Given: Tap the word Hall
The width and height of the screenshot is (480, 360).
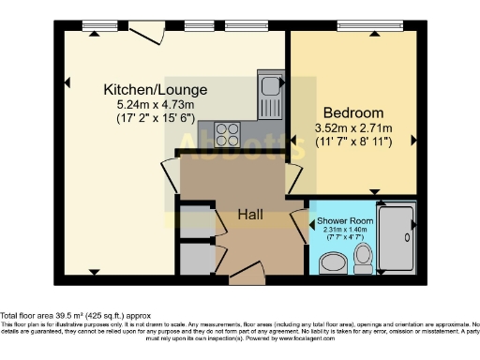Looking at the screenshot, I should click(x=249, y=215).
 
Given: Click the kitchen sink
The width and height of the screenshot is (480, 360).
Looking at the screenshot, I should click(x=272, y=95).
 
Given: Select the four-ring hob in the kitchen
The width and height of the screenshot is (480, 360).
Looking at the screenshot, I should click(x=227, y=132).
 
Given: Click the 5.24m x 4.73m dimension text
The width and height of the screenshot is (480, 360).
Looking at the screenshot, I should click(x=155, y=106).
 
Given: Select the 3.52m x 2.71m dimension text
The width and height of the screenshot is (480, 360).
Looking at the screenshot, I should click(x=351, y=128).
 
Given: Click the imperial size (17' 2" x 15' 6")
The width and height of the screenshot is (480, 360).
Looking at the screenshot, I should click(x=155, y=120).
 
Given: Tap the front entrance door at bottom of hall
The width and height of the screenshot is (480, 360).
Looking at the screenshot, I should click(x=247, y=274).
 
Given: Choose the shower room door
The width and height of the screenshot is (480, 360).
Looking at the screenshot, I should click(x=300, y=226).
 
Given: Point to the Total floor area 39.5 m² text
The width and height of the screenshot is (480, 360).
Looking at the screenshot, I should click(x=75, y=316).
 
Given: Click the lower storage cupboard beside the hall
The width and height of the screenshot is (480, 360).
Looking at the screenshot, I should click(x=195, y=259).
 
